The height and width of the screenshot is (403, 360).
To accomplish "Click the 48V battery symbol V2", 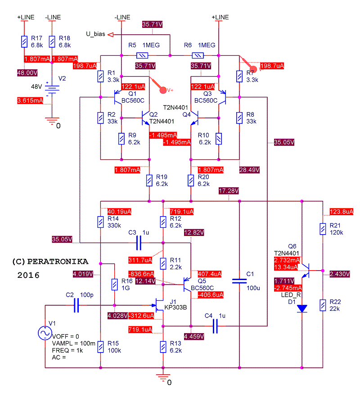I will (x=52, y=89).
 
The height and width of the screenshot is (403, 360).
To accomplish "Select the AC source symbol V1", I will (x=45, y=333).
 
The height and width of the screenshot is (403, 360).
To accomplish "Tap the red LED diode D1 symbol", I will (x=302, y=308).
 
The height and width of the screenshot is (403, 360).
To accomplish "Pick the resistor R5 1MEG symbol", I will (x=142, y=56).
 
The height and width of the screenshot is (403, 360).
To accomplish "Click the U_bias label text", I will (x=95, y=34).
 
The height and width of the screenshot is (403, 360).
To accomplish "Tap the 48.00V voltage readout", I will (x=27, y=72).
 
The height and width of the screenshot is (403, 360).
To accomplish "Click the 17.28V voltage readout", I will (x=228, y=191).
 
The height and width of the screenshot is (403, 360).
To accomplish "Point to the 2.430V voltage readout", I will (x=338, y=274).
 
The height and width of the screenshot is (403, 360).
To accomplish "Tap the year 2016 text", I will (x=29, y=275).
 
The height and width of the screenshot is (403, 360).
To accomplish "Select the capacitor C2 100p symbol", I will (x=76, y=306).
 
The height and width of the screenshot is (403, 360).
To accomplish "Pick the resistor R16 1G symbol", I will (x=115, y=284).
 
